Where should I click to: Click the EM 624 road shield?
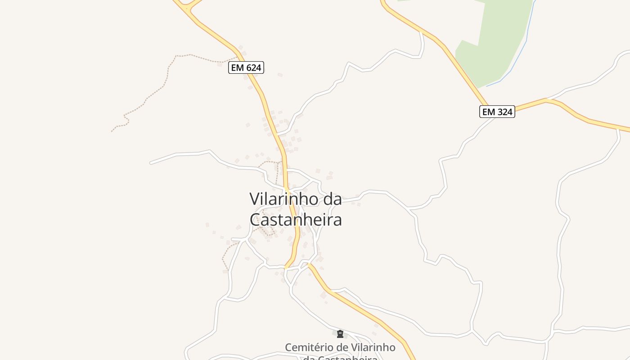point(246,68)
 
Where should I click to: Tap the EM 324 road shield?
point(497,112)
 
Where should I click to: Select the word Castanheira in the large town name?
point(296,220)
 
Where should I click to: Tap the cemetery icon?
point(340,334)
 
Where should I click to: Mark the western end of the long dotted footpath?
point(112,131)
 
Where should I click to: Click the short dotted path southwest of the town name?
point(225,256)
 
